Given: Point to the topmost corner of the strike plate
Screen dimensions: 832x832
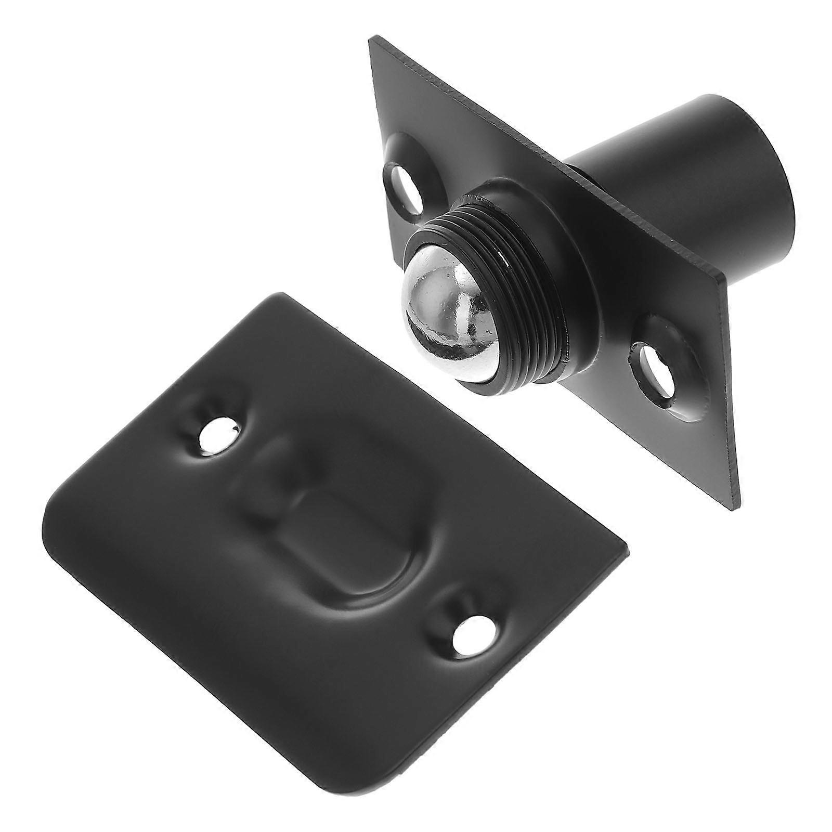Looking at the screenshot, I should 283,295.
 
